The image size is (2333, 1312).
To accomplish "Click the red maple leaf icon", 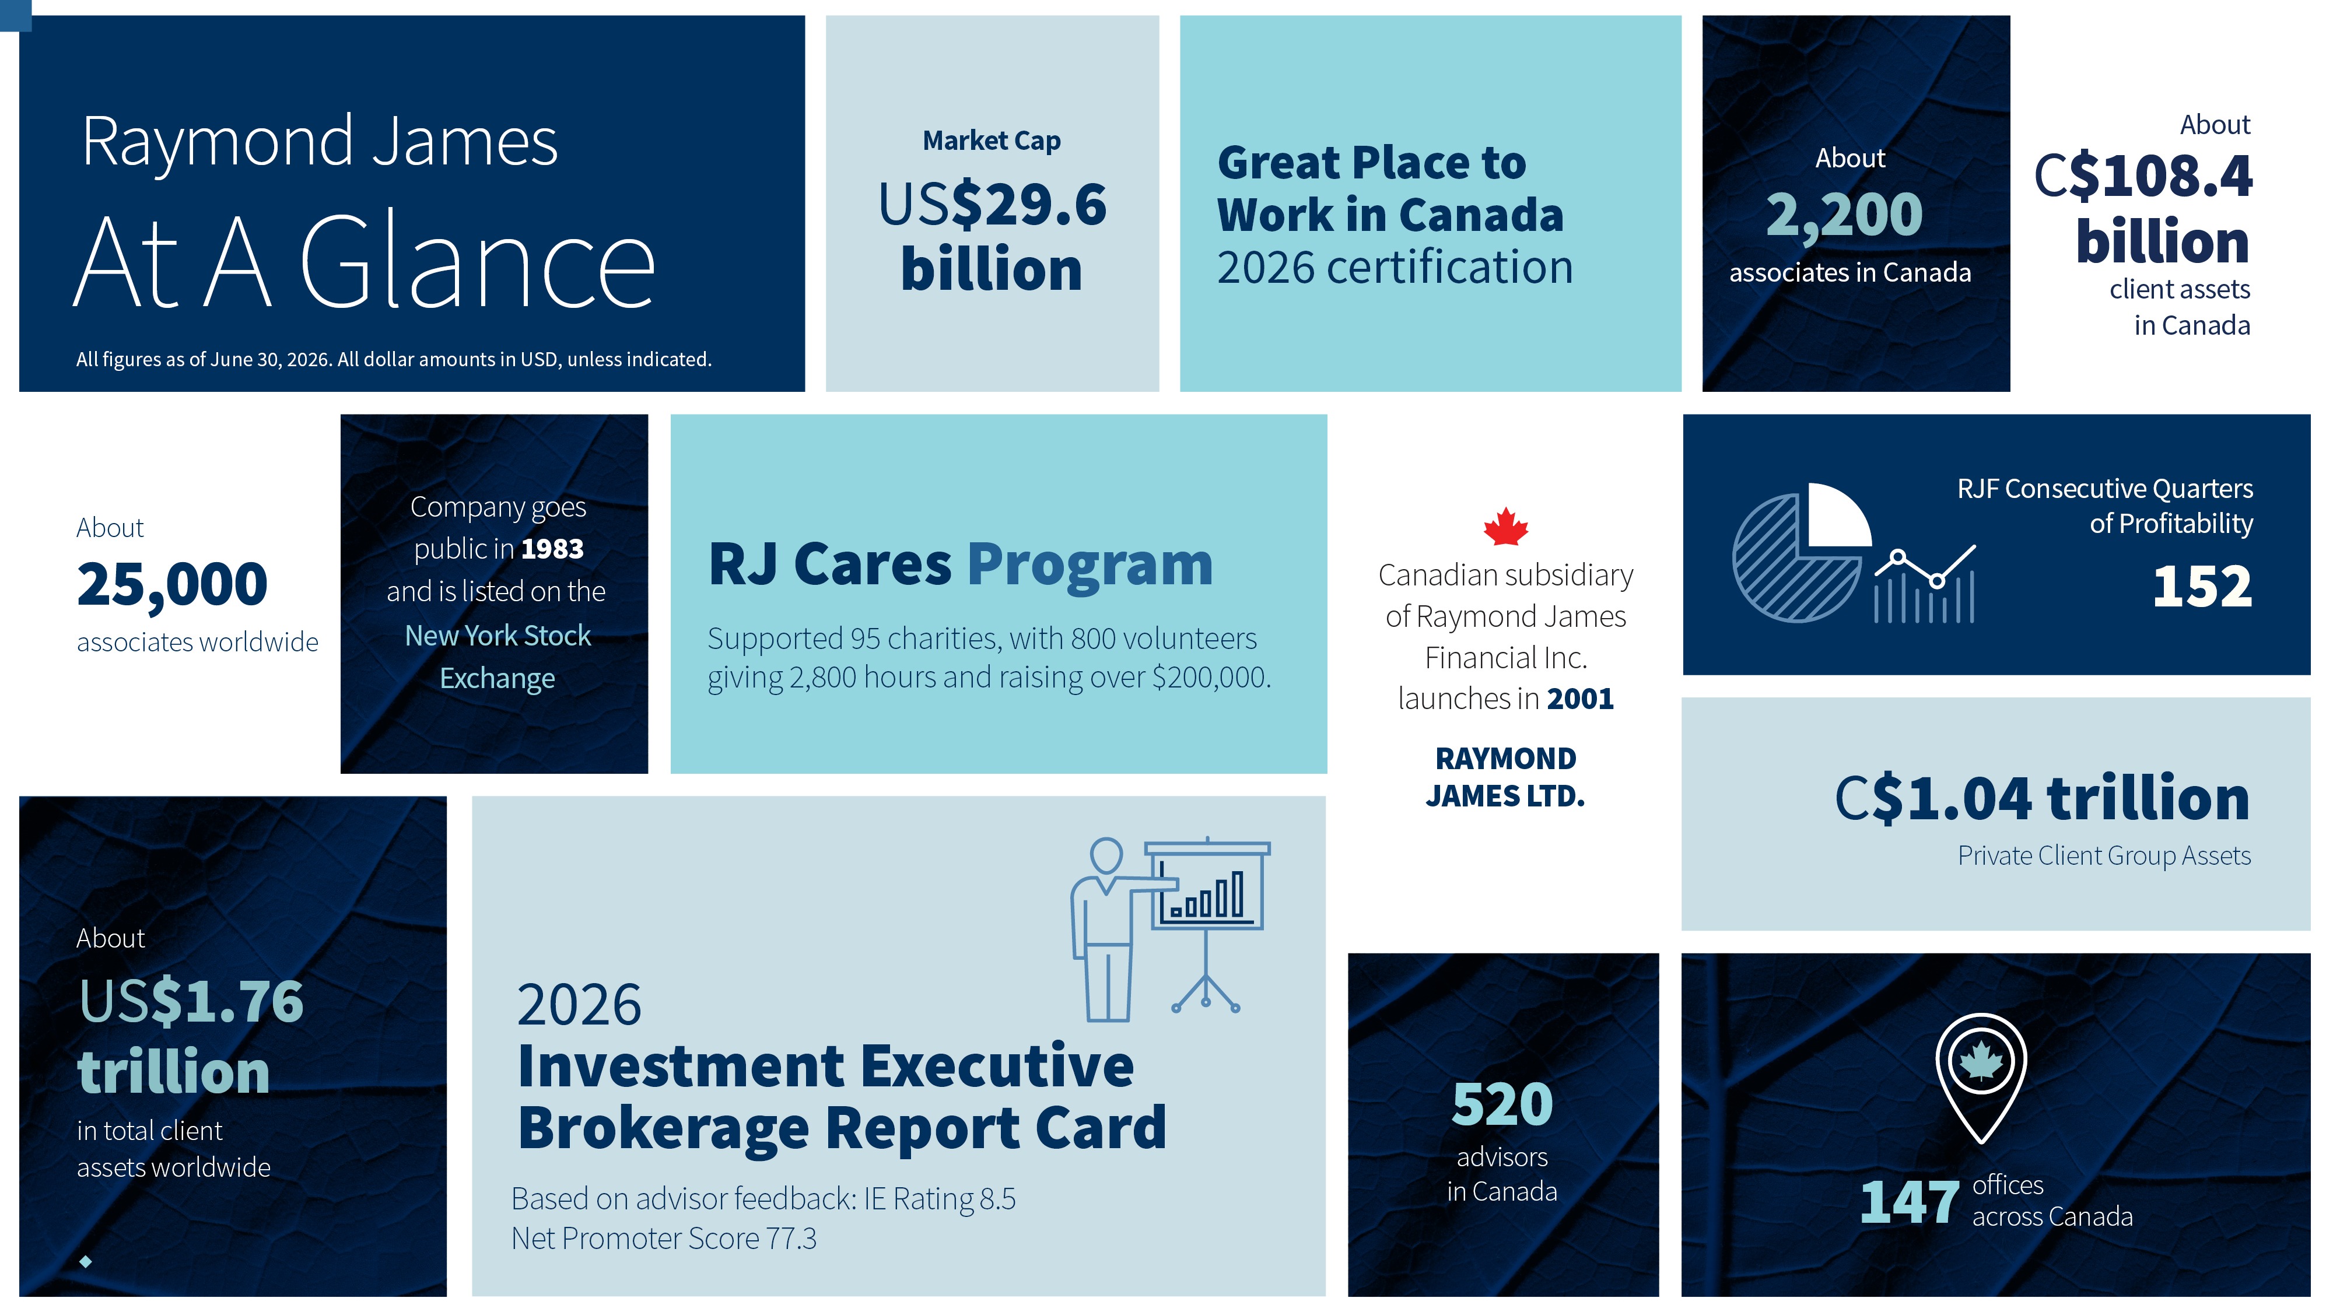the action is [x=1505, y=526].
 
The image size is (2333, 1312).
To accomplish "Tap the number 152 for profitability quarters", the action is [x=2202, y=587].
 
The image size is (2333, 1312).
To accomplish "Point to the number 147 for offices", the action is [x=1909, y=1202].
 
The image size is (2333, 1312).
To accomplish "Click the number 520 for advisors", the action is [x=1502, y=1104].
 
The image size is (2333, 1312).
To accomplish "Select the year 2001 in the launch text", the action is [x=1581, y=699].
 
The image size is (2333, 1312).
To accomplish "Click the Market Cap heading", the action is [x=992, y=141].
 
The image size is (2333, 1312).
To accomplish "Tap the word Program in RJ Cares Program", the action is [x=1090, y=565].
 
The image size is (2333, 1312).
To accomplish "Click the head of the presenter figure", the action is [x=1106, y=855].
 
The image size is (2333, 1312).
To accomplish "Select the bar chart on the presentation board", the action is [x=1206, y=894].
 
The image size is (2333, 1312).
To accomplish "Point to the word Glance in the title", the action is [x=477, y=262].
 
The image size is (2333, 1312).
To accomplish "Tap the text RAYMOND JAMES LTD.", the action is [x=1505, y=777].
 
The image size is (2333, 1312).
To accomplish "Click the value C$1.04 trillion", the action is [x=2043, y=799].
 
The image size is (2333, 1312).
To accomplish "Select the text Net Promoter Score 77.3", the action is [x=664, y=1239].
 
